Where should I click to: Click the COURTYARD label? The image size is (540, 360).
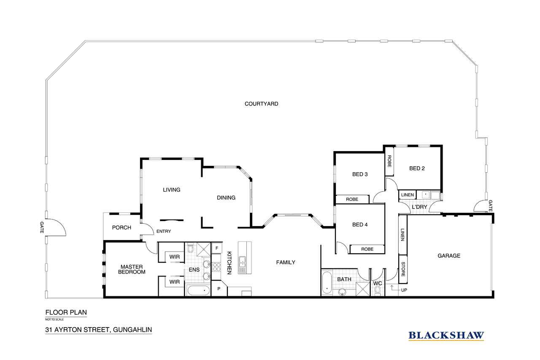point(261,104)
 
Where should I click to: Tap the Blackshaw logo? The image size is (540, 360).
point(446,336)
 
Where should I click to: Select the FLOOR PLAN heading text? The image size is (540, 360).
point(66,312)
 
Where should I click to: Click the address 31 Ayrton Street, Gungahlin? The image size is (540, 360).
point(99,330)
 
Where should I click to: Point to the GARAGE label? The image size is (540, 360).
point(449,256)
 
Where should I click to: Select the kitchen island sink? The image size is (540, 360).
point(242,262)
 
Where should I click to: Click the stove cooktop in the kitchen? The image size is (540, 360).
point(216,267)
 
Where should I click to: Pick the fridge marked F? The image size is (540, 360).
point(217,248)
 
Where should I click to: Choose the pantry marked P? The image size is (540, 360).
point(219,288)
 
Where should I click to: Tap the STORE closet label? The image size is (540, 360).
point(403,269)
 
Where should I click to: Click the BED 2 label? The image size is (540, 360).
point(417,168)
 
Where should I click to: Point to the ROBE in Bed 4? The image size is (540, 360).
point(367,249)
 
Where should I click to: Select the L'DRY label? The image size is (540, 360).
point(419,207)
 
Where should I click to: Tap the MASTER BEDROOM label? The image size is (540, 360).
point(132,269)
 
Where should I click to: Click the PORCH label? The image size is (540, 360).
point(121,227)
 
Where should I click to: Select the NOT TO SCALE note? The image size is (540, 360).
point(54,319)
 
